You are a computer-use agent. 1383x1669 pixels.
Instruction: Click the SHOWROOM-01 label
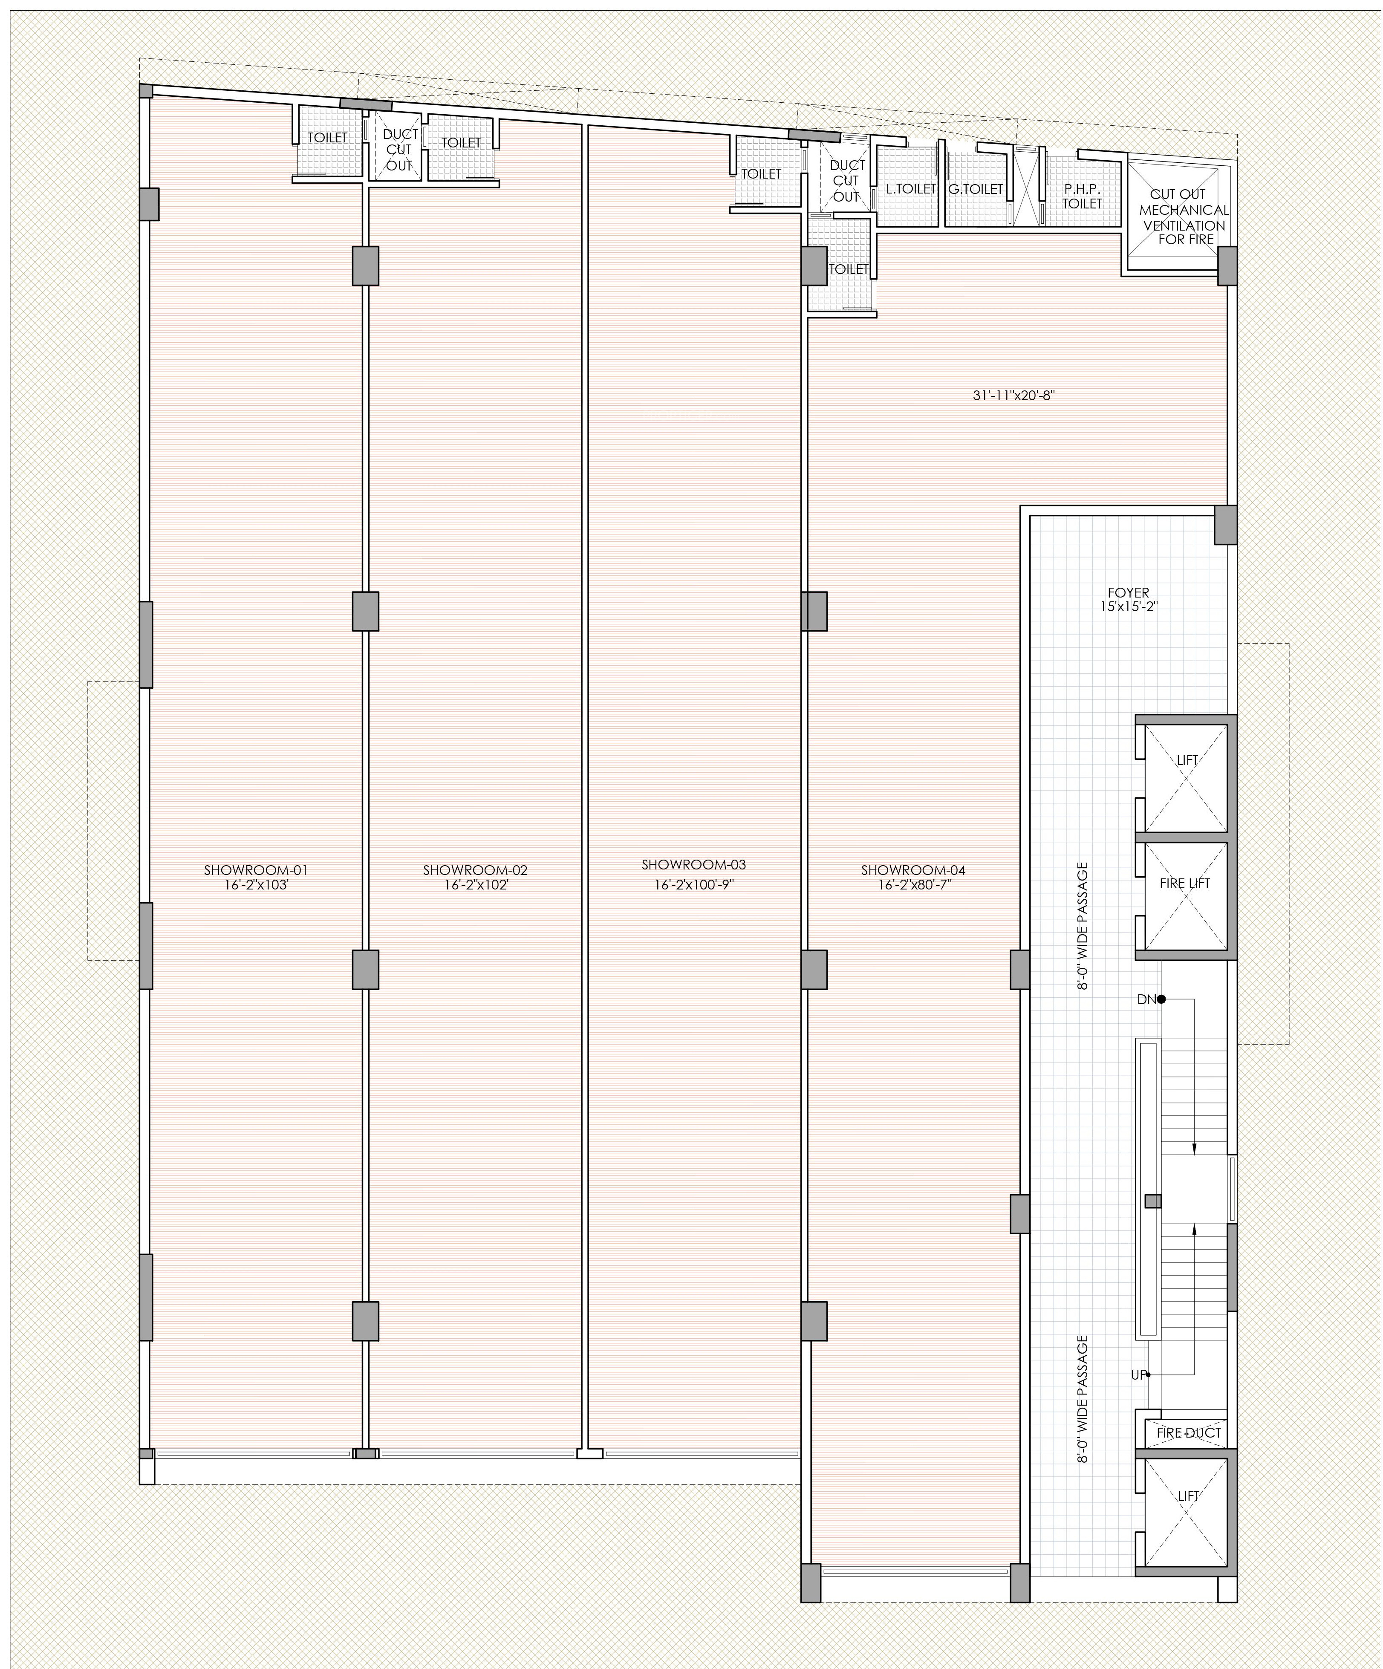point(255,869)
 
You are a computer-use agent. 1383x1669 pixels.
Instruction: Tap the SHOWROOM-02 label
point(474,869)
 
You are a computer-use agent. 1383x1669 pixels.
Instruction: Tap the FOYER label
point(1128,592)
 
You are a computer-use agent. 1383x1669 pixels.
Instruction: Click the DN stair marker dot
point(1161,999)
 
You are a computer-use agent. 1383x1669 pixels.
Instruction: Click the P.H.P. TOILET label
point(1082,197)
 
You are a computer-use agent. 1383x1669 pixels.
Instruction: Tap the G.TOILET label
point(975,189)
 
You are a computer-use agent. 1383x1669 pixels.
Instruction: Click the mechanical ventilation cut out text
point(1184,216)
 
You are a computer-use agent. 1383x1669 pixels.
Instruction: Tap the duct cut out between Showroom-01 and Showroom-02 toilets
point(399,150)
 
